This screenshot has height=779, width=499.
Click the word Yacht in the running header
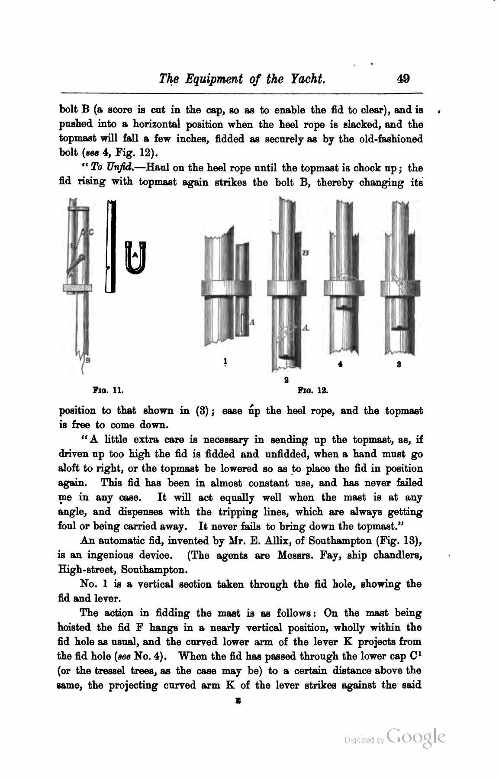306,79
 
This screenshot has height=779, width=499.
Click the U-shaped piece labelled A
136,258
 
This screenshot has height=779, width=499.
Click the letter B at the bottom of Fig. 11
88,359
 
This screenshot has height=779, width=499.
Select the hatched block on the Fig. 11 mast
77,287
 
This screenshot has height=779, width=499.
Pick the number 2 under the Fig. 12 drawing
286,380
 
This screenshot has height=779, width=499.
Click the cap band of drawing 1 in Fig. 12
226,289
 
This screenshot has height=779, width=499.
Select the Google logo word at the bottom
416,737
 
